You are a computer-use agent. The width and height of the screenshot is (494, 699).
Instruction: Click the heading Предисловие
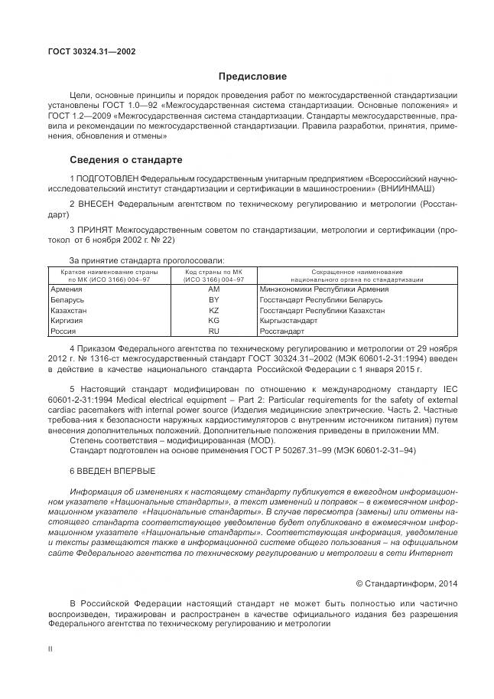point(252,77)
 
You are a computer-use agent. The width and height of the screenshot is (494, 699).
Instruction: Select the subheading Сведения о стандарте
point(126,161)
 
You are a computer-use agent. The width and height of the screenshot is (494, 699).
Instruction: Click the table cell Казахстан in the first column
point(68,312)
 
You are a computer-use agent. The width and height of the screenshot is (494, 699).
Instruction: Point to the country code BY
point(213,301)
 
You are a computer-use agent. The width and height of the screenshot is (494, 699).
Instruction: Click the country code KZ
point(213,312)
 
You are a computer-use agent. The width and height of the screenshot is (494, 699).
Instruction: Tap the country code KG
point(213,322)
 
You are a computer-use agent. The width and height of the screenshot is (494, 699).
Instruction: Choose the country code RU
point(213,332)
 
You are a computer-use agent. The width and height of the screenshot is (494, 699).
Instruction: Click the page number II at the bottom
point(50,648)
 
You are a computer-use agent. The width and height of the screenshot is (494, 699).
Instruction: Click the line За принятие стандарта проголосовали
point(147,260)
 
